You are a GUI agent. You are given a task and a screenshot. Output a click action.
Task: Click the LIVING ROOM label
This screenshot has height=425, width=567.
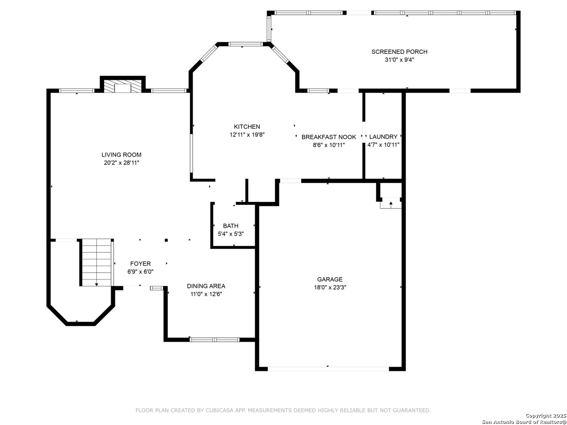coord(121,155)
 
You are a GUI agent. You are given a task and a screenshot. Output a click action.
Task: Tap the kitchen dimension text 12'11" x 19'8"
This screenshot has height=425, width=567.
coord(247,135)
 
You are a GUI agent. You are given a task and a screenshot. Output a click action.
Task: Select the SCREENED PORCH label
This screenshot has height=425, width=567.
coord(399,52)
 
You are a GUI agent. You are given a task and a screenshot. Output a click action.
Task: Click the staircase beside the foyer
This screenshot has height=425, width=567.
coord(96,262)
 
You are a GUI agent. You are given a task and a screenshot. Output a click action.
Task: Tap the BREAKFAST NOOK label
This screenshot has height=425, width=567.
coord(328,137)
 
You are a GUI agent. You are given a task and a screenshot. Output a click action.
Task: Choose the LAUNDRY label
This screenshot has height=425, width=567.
coord(383,137)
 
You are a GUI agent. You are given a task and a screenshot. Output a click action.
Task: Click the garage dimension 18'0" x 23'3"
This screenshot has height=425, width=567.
coord(330,287)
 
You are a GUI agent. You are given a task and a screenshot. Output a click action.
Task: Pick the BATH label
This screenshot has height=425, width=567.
coord(230,226)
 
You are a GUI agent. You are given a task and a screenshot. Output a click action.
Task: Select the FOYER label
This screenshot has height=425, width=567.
coord(140,264)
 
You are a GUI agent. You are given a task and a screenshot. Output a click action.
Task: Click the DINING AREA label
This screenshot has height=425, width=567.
coord(206,286)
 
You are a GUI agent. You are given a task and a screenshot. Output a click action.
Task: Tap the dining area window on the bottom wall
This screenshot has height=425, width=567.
coord(215,340)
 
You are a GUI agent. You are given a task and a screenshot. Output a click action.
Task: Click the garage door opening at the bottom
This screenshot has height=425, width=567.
coord(328,369)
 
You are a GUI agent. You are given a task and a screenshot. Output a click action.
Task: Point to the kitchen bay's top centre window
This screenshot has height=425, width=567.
coord(245,44)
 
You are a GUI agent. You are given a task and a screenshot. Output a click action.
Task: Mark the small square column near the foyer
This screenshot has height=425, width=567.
coord(166,240)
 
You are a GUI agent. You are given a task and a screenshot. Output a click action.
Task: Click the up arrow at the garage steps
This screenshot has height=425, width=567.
coord(391,205)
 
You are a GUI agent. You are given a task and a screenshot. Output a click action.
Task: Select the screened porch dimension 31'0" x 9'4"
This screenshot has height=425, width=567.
coord(399,60)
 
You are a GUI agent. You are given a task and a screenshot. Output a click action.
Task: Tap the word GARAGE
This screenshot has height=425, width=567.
coord(330,279)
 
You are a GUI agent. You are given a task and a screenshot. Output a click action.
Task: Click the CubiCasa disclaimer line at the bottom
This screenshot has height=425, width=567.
coord(283,410)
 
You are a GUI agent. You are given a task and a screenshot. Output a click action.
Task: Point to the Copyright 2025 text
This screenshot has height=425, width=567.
coord(546,416)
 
